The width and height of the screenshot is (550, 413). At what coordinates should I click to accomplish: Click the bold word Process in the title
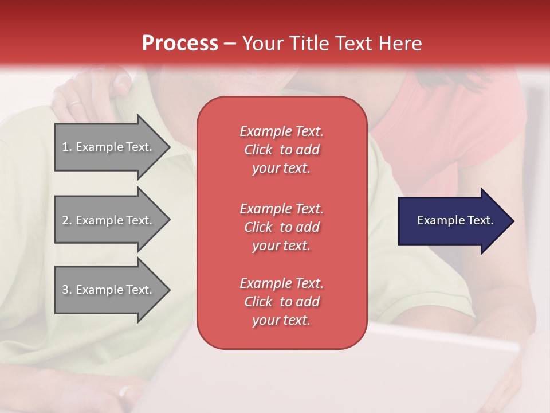tap(180, 43)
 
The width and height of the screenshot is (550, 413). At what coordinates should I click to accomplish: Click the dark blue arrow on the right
tap(456, 221)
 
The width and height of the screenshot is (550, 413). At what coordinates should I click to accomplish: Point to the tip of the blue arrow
tap(514, 221)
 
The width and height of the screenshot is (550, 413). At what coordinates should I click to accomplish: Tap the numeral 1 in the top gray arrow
tap(65, 147)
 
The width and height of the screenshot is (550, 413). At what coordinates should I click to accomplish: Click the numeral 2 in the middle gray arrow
tap(65, 220)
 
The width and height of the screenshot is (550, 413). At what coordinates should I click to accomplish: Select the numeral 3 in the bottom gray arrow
tap(65, 290)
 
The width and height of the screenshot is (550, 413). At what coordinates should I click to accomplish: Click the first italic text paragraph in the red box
tap(282, 150)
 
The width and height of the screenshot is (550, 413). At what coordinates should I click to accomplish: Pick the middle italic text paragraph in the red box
tap(282, 227)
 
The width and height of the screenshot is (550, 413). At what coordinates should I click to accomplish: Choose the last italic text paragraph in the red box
tap(282, 302)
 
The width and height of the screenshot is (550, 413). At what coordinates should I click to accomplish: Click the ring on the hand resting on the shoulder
tap(74, 104)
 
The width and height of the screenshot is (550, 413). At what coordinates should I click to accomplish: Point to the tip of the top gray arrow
tap(171, 147)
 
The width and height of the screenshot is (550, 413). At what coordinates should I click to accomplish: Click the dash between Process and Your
tap(230, 44)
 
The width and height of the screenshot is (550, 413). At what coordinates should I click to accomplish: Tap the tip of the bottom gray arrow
tap(171, 290)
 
